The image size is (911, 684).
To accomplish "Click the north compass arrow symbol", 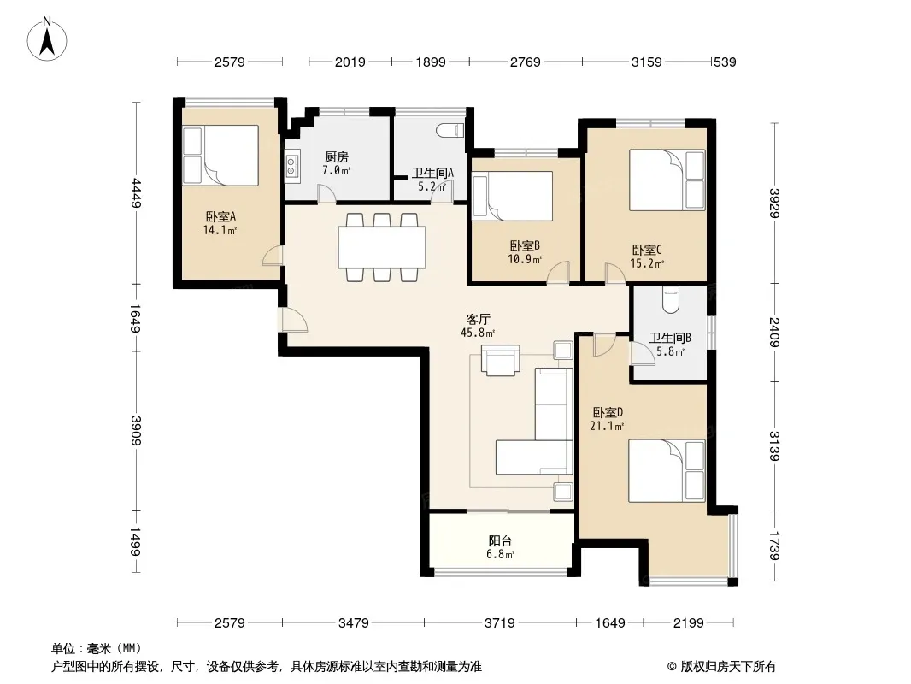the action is [47, 39].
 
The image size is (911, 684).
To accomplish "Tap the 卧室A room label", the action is [220, 217].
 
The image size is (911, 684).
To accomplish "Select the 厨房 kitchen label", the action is [337, 157].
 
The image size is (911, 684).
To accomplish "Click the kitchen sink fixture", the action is [291, 164].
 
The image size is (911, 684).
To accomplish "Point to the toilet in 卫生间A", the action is [451, 131].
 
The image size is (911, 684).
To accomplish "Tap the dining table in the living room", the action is [382, 247].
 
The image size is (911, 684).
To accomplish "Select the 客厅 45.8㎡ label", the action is [479, 326].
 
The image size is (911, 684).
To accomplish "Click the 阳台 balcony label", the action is [500, 540].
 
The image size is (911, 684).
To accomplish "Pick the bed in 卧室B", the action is [513, 196].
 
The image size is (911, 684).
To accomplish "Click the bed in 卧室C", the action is [667, 180].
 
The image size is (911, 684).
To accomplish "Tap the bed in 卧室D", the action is [667, 471].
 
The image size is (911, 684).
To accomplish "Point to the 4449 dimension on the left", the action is [136, 192].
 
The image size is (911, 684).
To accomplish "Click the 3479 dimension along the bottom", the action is [353, 623].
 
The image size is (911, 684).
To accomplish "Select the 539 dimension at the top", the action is [725, 62].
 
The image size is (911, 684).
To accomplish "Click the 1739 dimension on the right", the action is [774, 545].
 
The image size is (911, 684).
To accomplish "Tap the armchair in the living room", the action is [500, 361].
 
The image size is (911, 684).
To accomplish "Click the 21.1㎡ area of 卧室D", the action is [607, 426].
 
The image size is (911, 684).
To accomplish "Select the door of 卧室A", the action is [273, 256].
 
